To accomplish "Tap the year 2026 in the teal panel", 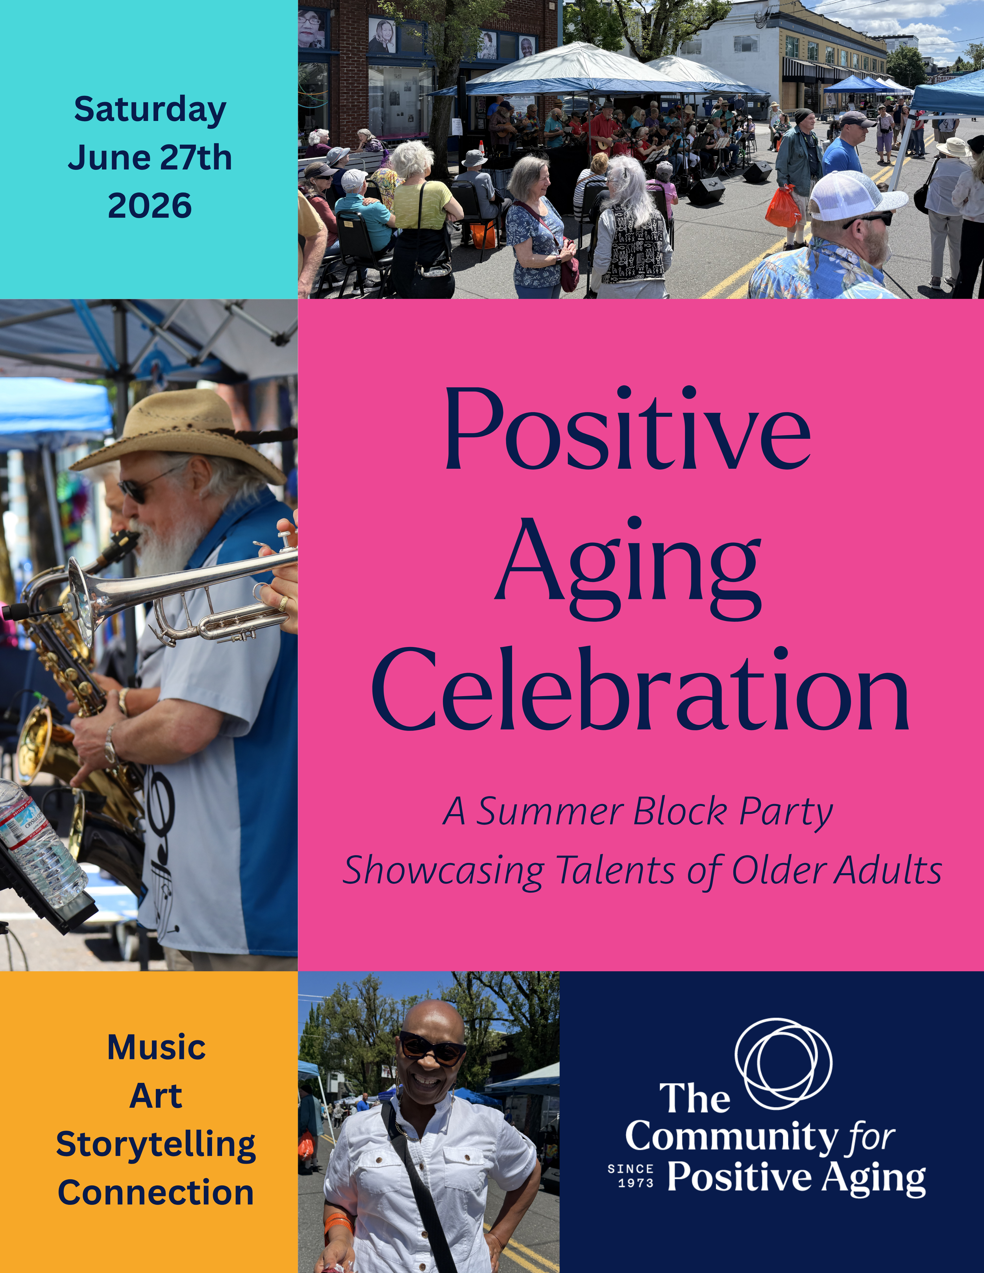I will pyautogui.click(x=150, y=206).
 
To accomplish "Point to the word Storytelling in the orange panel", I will pyautogui.click(x=155, y=1145).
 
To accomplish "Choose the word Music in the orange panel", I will pyautogui.click(x=156, y=1048).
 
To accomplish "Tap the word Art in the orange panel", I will pyautogui.click(x=155, y=1096).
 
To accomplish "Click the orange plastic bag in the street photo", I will pyautogui.click(x=782, y=207).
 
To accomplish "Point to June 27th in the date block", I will pyautogui.click(x=150, y=158).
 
